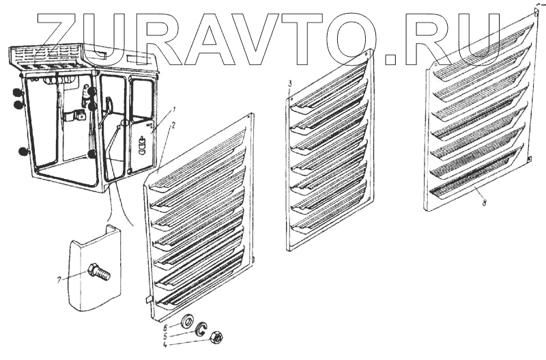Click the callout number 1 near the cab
tap(174, 109)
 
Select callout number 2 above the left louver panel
tap(174, 125)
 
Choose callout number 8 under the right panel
tap(483, 203)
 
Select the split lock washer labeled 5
tap(201, 330)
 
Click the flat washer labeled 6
tap(186, 321)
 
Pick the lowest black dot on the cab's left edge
tap(24, 152)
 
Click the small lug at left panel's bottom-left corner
tap(149, 299)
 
